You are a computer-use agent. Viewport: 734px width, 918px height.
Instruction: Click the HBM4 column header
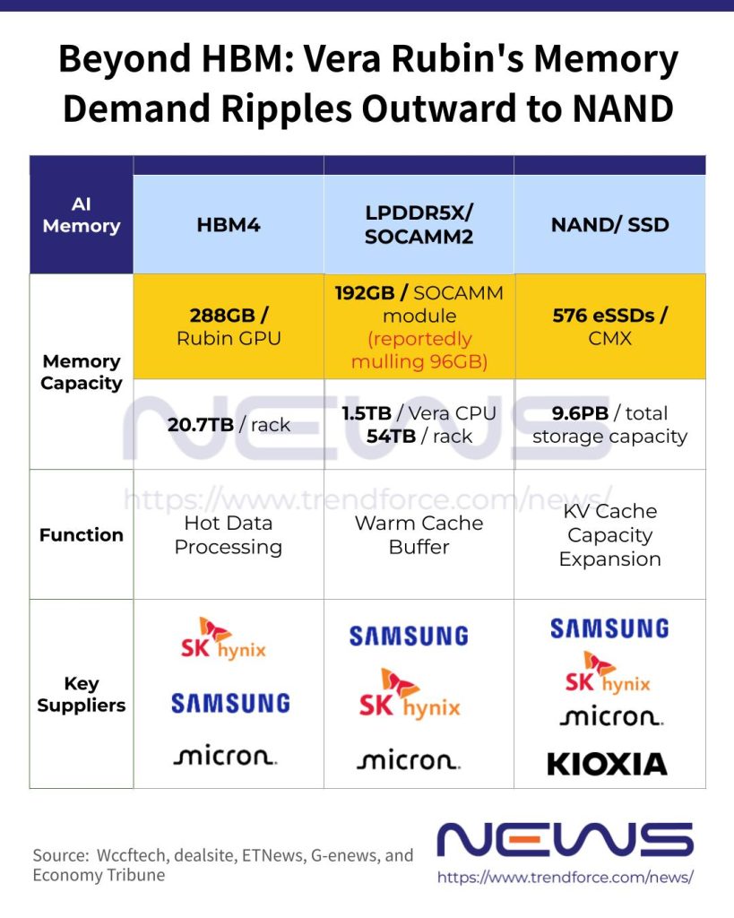pos(229,225)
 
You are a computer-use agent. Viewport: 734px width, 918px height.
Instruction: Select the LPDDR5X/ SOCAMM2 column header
pos(419,225)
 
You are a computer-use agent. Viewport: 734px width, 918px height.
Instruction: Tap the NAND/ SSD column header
pos(610,225)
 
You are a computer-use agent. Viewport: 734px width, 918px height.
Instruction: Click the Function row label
pos(82,535)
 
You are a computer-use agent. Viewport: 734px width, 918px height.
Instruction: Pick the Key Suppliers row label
pos(82,695)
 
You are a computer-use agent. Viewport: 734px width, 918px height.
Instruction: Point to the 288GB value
pos(222,316)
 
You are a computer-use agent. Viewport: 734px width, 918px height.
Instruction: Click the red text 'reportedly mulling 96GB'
pos(419,351)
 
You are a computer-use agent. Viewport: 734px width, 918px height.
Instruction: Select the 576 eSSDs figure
pos(603,316)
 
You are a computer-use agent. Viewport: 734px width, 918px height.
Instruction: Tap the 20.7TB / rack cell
pos(229,424)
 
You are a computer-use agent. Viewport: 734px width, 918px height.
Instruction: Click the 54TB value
pos(391,437)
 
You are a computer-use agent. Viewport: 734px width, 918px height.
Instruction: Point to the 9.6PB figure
pos(580,413)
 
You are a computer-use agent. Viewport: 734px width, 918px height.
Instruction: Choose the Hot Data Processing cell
pos(229,535)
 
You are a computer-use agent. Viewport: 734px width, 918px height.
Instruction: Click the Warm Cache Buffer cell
pos(419,535)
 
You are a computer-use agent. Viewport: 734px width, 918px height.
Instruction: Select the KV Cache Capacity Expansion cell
pos(610,535)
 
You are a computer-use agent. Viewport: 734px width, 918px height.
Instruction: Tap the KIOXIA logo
pos(607,765)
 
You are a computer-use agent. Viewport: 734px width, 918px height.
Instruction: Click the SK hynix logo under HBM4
pos(223,638)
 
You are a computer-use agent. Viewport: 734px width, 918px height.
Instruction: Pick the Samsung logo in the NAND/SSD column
pos(609,628)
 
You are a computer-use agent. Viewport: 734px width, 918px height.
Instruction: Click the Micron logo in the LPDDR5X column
pos(409,760)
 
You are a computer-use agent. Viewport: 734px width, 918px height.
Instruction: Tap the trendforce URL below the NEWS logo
pos(566,878)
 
